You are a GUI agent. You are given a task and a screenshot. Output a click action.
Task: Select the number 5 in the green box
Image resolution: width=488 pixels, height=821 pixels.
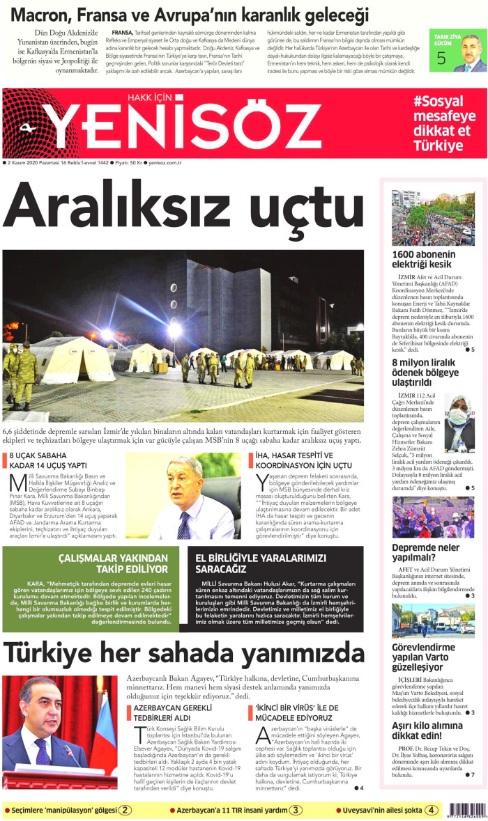click(x=441, y=58)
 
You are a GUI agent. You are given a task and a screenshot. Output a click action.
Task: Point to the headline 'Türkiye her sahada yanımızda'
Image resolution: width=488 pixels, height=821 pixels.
click(x=183, y=652)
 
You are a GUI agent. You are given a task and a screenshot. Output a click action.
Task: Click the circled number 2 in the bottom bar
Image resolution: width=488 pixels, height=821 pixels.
click(x=125, y=810)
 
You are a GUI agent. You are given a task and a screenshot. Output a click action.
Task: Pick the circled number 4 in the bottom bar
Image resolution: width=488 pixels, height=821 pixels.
click(x=432, y=810)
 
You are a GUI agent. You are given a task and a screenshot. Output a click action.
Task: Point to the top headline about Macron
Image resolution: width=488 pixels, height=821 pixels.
click(x=188, y=14)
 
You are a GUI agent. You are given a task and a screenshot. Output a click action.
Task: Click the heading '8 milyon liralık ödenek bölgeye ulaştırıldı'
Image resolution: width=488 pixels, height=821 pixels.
click(x=426, y=373)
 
